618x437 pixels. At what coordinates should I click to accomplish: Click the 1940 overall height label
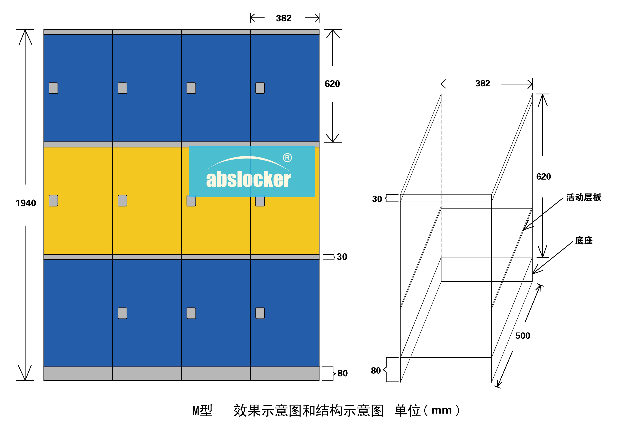click(26, 203)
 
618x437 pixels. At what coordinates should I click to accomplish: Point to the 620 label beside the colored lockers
click(332, 84)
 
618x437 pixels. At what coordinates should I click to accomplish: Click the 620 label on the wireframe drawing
click(543, 177)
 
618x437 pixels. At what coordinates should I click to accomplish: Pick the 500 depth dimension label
click(523, 336)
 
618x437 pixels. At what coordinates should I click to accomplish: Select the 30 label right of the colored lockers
click(342, 257)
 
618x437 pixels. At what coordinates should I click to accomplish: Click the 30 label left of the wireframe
click(377, 199)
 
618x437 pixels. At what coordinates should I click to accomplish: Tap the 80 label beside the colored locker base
click(342, 373)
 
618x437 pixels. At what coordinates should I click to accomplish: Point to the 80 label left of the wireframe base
click(376, 371)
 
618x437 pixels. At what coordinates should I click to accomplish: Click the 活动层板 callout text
click(583, 197)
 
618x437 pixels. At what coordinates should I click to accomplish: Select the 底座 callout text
click(584, 241)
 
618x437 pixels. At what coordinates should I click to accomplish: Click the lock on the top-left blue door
click(53, 88)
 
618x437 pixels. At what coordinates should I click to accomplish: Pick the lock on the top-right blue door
click(260, 88)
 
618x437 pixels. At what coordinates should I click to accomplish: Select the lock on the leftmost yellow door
click(53, 201)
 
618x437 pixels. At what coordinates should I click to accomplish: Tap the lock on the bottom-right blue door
click(260, 313)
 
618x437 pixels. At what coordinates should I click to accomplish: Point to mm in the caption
click(441, 411)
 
